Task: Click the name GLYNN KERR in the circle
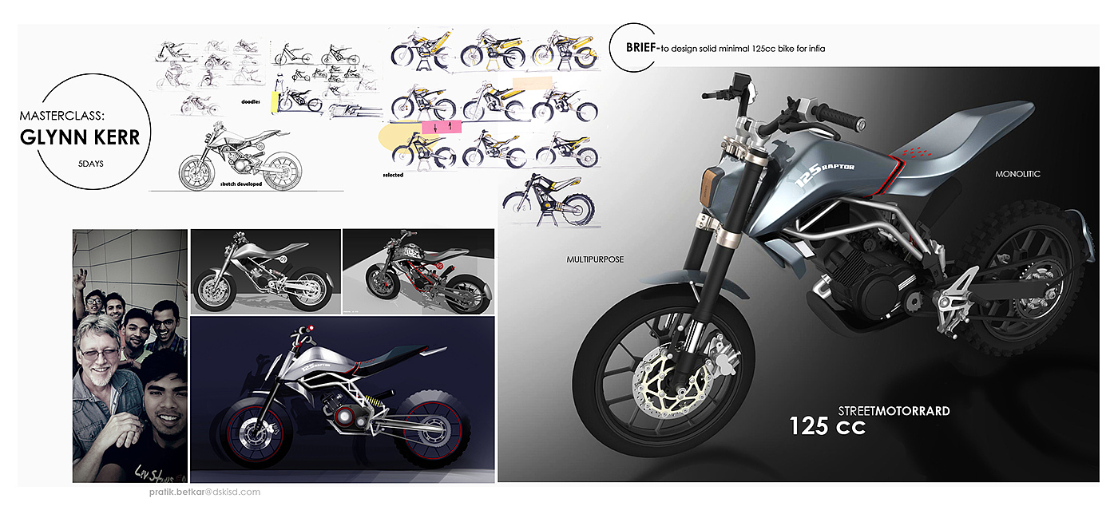point(80,137)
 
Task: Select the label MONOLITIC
point(1017,173)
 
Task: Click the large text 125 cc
point(827,426)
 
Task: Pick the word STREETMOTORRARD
point(894,411)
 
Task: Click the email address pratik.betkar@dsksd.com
point(199,492)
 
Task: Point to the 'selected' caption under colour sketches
point(393,175)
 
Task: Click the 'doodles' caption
point(252,102)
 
